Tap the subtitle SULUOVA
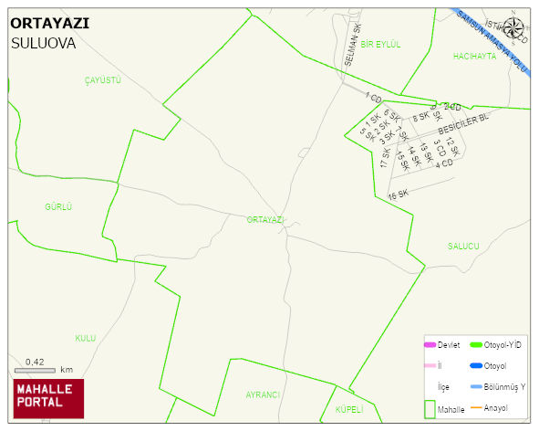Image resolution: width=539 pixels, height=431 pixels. coord(44,43)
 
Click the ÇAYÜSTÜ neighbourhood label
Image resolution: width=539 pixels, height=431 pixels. coord(102,80)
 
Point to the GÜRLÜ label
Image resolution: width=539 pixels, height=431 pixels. coord(57,207)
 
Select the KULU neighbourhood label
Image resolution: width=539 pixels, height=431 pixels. coord(85,338)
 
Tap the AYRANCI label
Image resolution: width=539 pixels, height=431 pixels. coord(262,394)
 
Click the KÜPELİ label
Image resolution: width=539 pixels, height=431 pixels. coord(349,409)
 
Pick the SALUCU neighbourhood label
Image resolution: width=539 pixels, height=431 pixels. coord(463,247)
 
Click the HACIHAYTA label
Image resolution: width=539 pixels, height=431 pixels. coord(474,57)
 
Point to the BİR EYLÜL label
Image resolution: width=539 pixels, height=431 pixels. coord(380,44)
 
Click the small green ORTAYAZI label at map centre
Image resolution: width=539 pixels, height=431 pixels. coord(265,220)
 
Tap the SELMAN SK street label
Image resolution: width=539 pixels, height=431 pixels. coord(353,46)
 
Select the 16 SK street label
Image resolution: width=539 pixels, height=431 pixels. coord(399,194)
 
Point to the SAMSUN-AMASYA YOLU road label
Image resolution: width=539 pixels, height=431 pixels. coord(493,42)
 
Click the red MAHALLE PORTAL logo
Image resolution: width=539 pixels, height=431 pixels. coord(48,398)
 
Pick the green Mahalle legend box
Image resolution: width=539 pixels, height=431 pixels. coord(430,409)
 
